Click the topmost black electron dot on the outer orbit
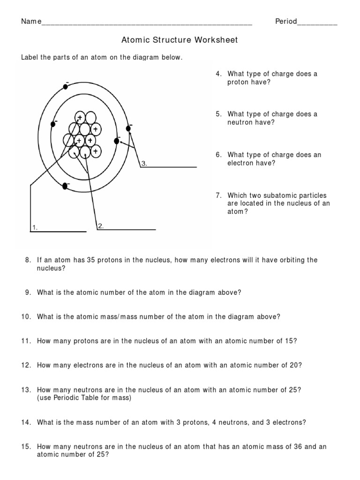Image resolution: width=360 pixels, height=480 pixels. click(66, 86)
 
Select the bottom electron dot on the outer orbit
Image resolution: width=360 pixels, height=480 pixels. click(65, 186)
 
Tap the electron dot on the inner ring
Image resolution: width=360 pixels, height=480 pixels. click(117, 141)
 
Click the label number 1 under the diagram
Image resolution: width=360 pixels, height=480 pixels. click(34, 228)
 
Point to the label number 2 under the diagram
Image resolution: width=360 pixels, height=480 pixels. click(100, 226)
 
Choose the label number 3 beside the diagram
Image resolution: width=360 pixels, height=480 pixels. click(144, 164)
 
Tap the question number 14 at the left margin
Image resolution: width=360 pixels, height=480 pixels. click(25, 422)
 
